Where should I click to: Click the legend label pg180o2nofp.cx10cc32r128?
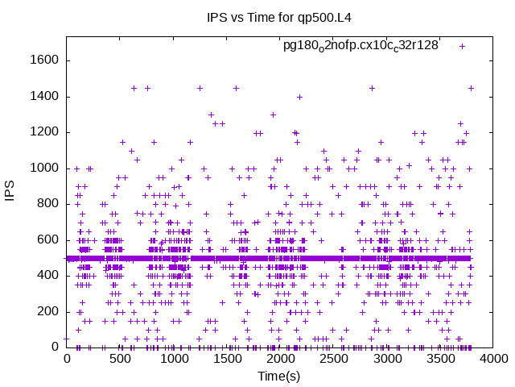coord(360,45)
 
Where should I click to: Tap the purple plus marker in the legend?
coord(462,46)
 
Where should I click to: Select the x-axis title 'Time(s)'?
coord(278,377)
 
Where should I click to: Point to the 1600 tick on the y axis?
coord(44,61)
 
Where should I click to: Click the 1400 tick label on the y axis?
coord(44,97)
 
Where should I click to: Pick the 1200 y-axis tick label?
coord(44,132)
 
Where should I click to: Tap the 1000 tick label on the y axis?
coord(44,169)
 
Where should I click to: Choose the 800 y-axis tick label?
coord(47,204)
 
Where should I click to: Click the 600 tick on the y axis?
coord(47,239)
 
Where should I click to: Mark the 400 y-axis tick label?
coord(47,276)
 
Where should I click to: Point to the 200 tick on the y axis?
coord(47,311)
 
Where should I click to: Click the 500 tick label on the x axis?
coord(120,359)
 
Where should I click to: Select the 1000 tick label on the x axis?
coord(173,359)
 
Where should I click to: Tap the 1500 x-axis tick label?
coord(227,359)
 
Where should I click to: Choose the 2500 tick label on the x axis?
coord(334,359)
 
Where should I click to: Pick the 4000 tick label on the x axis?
coord(494,359)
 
